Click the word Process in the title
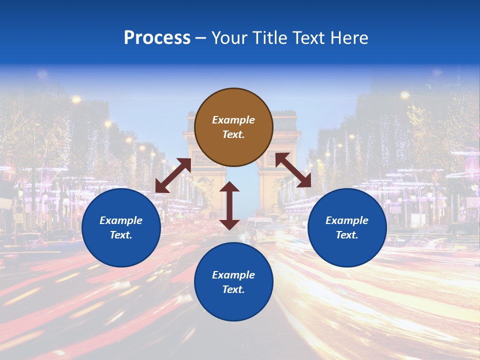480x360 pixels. click(157, 38)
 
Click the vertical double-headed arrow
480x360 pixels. click(229, 205)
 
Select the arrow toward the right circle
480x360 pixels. click(293, 170)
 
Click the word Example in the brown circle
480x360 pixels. click(233, 120)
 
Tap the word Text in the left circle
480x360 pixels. click(121, 235)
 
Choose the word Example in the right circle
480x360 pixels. click(347, 220)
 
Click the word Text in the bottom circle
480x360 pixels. click(233, 289)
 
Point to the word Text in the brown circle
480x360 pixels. click(233, 134)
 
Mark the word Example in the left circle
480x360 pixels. click(121, 220)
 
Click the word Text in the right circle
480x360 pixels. click(347, 235)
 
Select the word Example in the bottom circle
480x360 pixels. click(233, 275)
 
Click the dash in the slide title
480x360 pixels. click(201, 38)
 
